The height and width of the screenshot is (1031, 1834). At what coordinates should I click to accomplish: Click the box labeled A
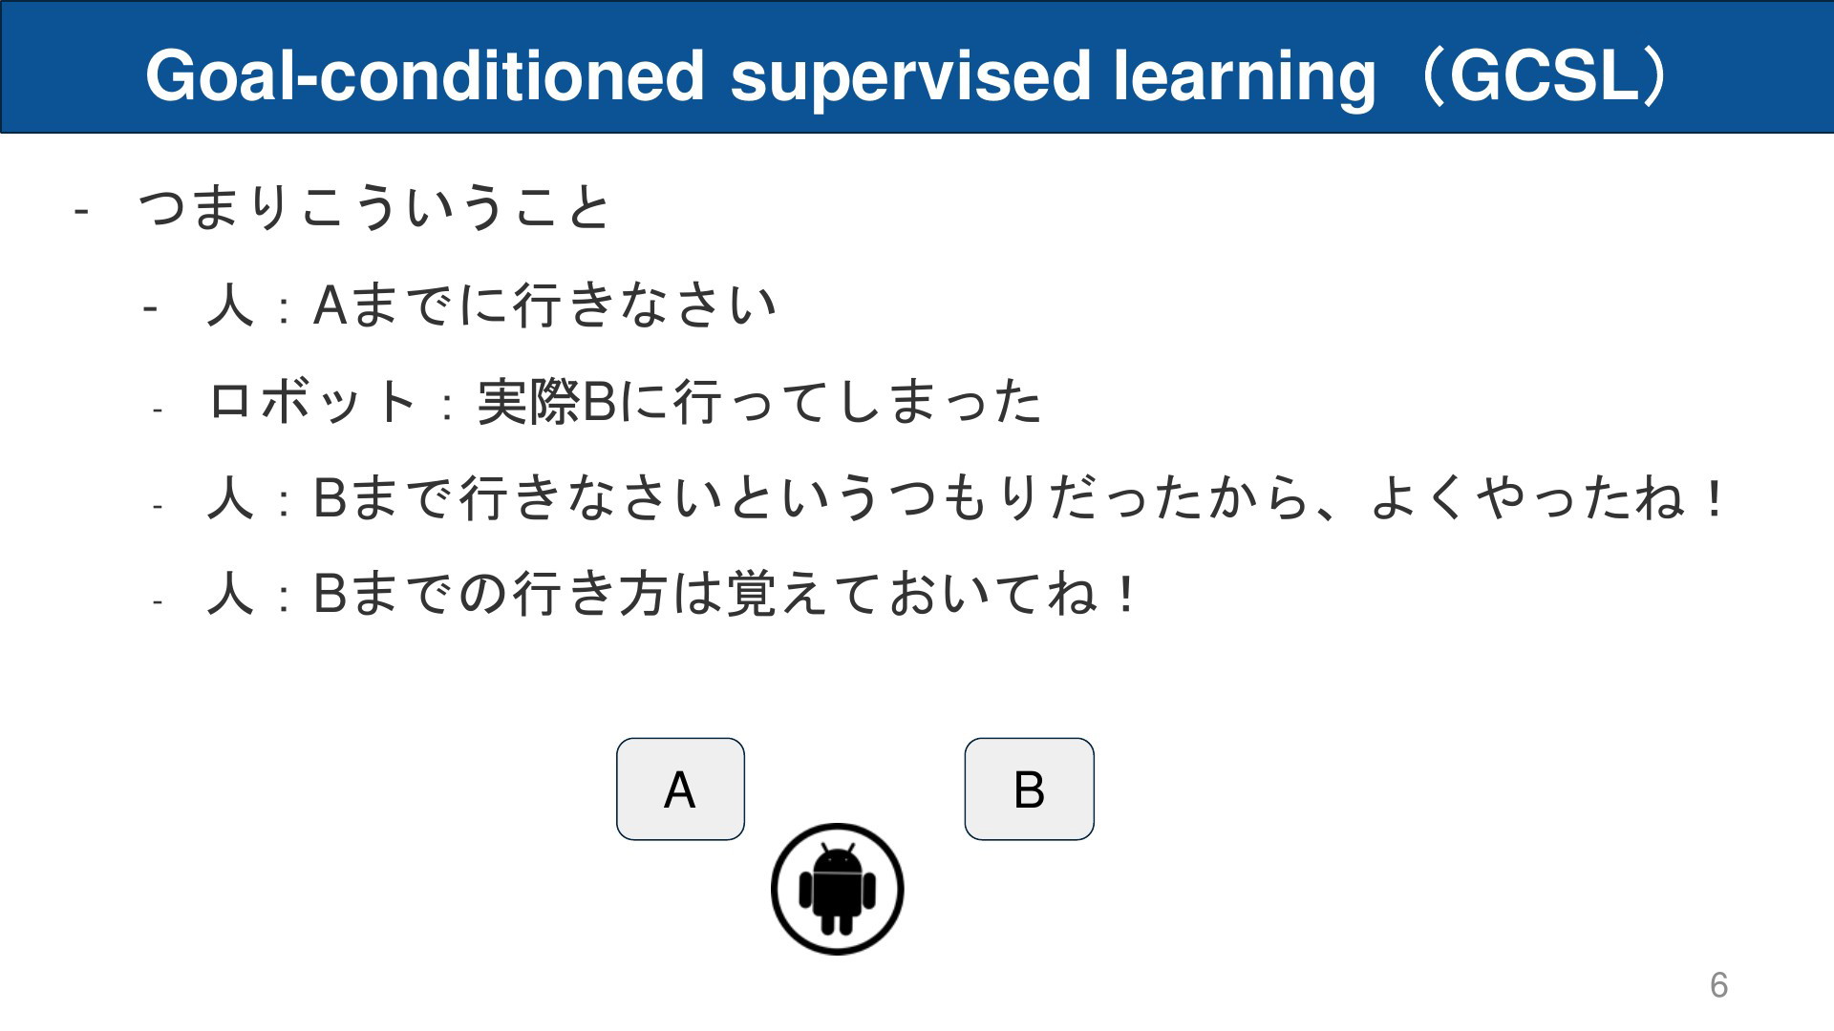coord(680,789)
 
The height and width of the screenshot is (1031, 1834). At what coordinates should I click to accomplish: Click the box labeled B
coord(1029,789)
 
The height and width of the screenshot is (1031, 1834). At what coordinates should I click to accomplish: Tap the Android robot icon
coord(837,889)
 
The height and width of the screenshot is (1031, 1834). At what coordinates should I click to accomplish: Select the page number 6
coord(1718,984)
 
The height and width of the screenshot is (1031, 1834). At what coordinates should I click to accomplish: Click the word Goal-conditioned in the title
coord(425,76)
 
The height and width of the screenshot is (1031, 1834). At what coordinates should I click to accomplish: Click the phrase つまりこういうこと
coord(373,207)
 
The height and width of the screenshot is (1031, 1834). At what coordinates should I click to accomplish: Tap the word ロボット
coord(311,401)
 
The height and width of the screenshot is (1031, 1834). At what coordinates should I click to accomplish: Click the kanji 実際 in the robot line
coord(528,401)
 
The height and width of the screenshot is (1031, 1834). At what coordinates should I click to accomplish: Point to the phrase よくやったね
coord(1527,498)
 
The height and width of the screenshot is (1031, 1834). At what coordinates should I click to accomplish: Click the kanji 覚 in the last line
coord(751,593)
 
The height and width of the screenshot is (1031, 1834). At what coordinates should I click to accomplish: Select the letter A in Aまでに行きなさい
coord(331,305)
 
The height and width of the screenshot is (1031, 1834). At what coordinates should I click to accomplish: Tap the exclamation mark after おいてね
coord(1127,593)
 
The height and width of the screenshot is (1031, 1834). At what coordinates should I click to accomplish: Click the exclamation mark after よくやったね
coord(1716,498)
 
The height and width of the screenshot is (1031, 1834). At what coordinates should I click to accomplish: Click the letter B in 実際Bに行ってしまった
coord(598,401)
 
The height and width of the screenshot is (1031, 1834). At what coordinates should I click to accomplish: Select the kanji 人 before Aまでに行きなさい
coord(230,305)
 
